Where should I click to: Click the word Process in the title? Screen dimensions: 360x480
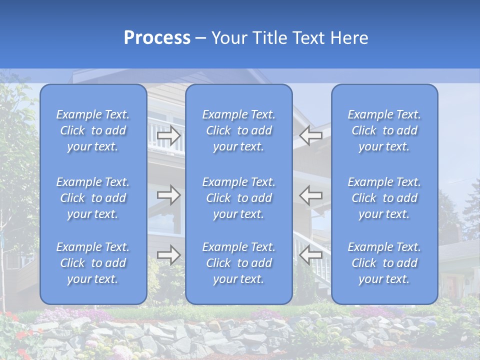point(157,38)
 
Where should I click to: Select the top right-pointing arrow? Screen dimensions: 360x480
point(168,135)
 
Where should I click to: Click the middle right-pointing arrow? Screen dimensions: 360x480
point(168,195)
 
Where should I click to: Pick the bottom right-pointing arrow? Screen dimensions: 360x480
point(168,254)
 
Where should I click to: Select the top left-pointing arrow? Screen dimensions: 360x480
point(311,135)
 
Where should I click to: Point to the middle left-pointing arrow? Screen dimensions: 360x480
point(311,195)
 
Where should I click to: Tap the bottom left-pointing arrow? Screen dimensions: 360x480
point(311,254)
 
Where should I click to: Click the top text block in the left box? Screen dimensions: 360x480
point(93,130)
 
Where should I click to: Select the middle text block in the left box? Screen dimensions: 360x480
point(93,198)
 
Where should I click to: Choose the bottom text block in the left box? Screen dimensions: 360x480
point(93,263)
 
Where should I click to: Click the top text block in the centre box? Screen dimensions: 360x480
point(239,130)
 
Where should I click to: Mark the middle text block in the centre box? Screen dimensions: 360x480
point(239,198)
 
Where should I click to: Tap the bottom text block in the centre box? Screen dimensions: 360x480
point(239,263)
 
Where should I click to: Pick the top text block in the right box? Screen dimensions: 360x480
point(384,130)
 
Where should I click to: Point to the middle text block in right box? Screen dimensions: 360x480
point(384,198)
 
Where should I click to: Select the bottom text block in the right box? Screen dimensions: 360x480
point(384,263)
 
